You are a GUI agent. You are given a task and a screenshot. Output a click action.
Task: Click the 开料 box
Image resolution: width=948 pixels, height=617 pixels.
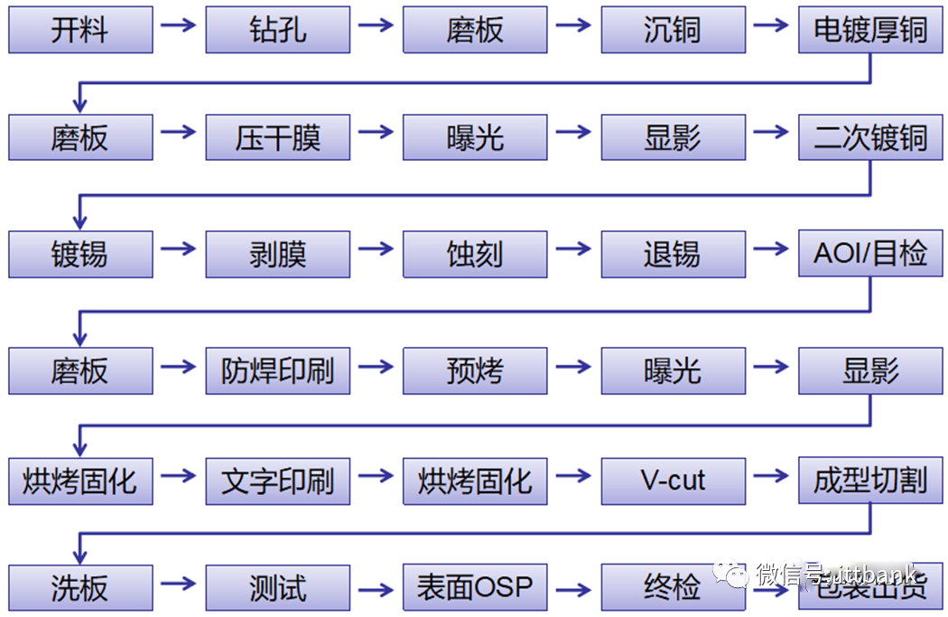click(x=80, y=30)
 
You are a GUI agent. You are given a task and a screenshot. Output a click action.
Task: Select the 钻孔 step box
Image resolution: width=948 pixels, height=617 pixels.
click(x=277, y=30)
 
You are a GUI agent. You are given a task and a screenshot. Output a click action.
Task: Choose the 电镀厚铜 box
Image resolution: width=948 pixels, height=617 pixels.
click(x=870, y=30)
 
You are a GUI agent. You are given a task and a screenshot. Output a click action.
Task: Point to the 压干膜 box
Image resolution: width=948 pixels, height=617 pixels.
click(x=277, y=137)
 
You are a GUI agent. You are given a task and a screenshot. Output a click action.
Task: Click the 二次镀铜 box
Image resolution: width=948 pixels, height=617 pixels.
click(x=870, y=137)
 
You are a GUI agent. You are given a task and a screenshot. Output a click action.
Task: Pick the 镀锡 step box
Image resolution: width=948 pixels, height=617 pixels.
click(x=80, y=254)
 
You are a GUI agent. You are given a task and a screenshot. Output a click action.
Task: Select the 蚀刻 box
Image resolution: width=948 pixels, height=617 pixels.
click(x=475, y=254)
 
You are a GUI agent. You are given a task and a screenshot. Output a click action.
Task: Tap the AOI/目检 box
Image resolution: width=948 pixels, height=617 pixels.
click(x=870, y=254)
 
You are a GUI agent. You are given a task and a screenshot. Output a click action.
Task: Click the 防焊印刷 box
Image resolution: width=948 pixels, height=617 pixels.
click(x=277, y=370)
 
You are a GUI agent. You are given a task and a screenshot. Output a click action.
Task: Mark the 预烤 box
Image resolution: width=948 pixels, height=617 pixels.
click(x=475, y=370)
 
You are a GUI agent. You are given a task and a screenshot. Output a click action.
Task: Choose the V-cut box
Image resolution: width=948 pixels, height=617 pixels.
click(x=673, y=480)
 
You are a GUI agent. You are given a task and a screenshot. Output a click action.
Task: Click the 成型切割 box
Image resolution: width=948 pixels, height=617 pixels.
click(x=870, y=480)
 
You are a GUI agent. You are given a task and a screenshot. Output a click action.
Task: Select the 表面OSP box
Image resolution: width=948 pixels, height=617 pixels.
click(x=475, y=588)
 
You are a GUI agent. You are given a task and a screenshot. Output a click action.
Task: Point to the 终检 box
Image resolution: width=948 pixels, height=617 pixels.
click(x=673, y=588)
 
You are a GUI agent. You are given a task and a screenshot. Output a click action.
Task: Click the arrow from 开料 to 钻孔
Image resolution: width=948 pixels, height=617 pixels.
click(x=179, y=24)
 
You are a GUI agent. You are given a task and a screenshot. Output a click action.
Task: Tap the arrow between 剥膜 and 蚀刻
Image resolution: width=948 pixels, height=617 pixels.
click(x=376, y=248)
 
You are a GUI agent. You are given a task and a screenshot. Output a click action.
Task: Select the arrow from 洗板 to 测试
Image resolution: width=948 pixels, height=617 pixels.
click(x=179, y=583)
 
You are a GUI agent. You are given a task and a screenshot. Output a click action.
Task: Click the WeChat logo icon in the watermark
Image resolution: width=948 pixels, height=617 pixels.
click(x=731, y=575)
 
